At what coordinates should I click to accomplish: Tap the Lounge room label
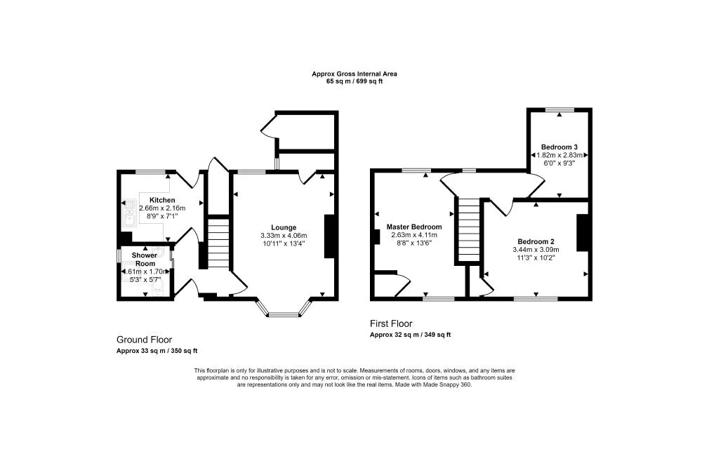pos(284,227)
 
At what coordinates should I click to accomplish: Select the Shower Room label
pos(145,260)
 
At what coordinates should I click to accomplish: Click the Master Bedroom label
pos(414,227)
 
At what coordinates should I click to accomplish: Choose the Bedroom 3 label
pos(558,147)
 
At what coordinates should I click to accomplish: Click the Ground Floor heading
pos(144,340)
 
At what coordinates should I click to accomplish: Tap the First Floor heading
pos(391,324)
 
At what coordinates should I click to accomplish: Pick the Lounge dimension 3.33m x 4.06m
pos(284,236)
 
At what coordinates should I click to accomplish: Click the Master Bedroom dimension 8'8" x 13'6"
pos(414,244)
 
